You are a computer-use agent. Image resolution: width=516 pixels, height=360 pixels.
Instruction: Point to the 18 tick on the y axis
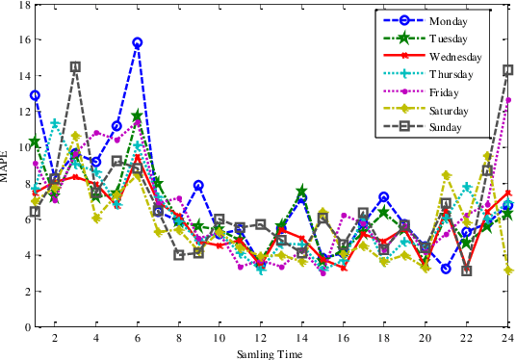tap(23, 6)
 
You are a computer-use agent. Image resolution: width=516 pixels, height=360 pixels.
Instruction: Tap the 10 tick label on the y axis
tap(23, 148)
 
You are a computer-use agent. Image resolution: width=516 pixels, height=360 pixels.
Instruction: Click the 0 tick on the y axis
tap(26, 327)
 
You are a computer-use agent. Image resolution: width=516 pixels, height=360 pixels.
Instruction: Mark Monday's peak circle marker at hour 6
tap(138, 43)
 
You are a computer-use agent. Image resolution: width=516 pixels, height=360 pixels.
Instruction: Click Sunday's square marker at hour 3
tap(76, 67)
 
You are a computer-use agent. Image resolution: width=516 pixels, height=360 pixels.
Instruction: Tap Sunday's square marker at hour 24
tap(507, 70)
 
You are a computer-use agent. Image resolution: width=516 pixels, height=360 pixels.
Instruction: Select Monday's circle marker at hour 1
tap(35, 96)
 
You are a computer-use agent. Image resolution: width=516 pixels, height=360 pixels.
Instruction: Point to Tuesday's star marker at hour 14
tap(301, 192)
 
